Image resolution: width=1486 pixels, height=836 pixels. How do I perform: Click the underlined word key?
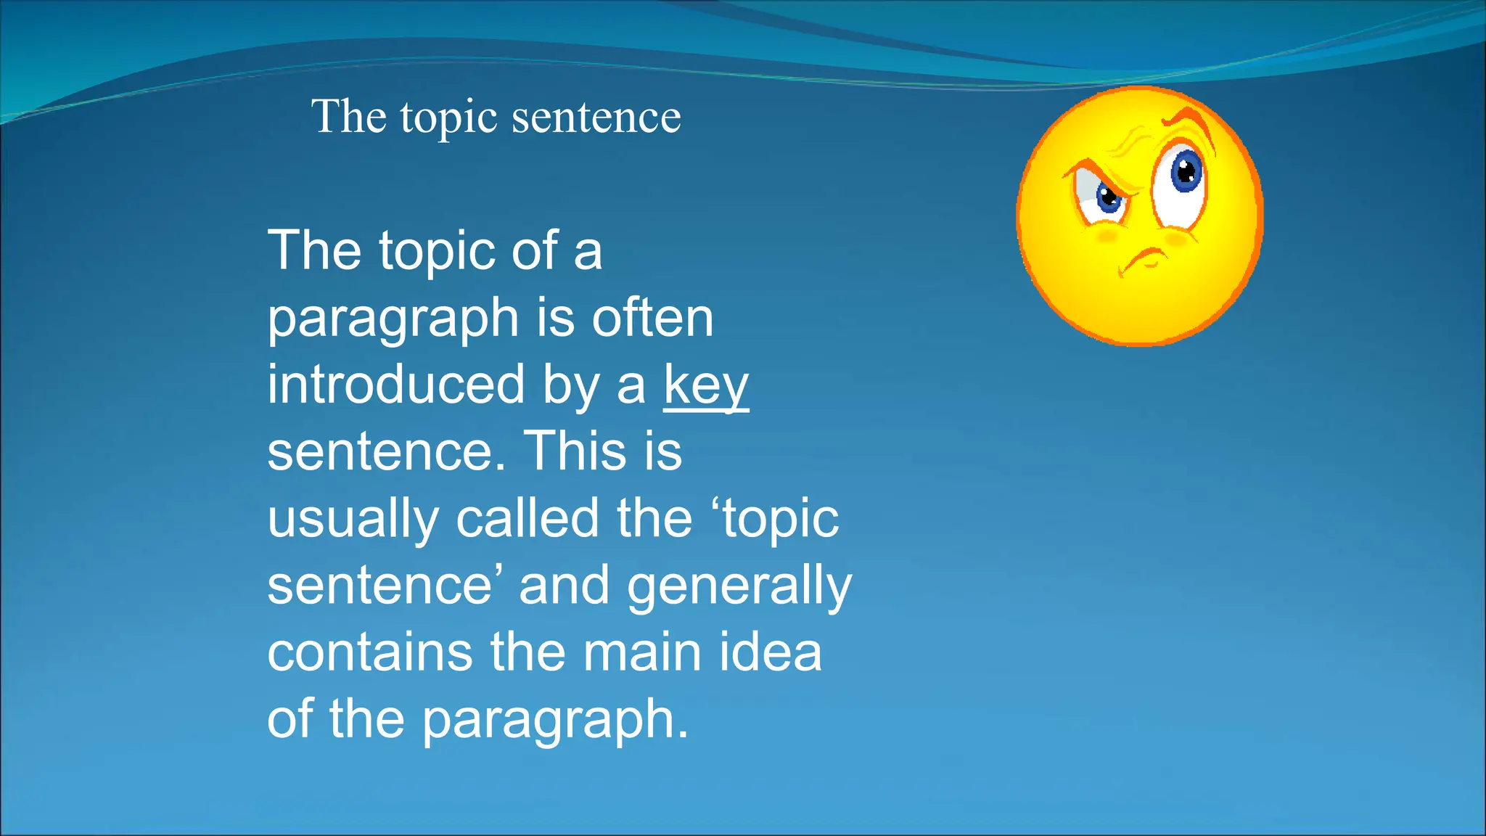(705, 386)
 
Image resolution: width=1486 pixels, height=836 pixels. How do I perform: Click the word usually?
(353, 520)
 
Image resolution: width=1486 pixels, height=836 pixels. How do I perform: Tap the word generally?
(739, 586)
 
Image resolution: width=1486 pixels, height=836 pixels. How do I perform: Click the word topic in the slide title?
(448, 118)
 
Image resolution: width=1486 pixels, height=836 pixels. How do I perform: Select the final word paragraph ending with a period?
(555, 721)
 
